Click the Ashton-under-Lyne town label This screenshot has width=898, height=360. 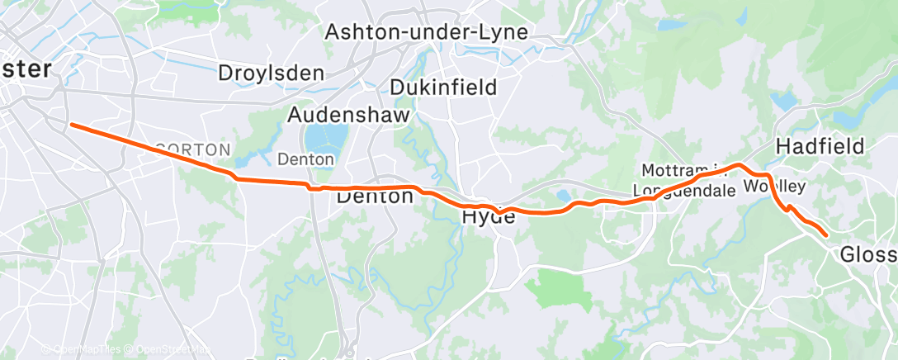pyautogui.click(x=426, y=33)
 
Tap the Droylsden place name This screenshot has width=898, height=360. pyautogui.click(x=271, y=73)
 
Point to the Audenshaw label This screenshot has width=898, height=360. pyautogui.click(x=348, y=116)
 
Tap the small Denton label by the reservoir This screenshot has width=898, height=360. pyautogui.click(x=305, y=159)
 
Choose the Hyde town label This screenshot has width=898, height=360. pyautogui.click(x=489, y=217)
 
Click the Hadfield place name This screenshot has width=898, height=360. pyautogui.click(x=820, y=147)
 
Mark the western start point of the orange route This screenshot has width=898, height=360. pyautogui.click(x=72, y=125)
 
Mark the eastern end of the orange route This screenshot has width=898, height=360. pyautogui.click(x=826, y=236)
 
